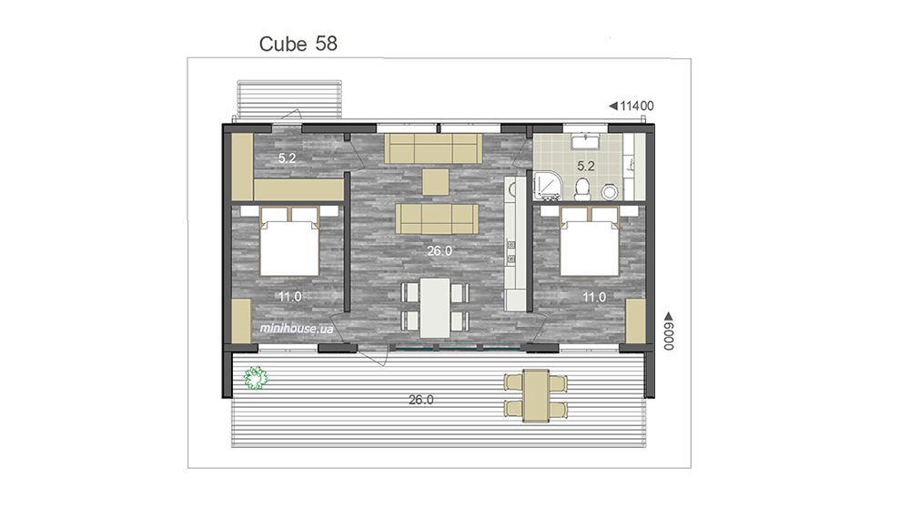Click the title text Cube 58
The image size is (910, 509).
[298, 44]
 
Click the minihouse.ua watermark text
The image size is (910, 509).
[297, 329]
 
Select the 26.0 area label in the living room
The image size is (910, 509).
[440, 250]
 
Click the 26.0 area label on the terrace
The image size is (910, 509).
[420, 400]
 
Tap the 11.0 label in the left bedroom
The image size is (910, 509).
[289, 297]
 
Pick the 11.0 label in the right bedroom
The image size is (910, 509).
[594, 297]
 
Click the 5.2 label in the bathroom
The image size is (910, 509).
[585, 166]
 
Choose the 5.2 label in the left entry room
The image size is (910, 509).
[287, 158]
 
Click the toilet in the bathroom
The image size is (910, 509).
[582, 188]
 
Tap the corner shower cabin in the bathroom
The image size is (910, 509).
[546, 185]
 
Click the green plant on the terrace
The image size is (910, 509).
[255, 378]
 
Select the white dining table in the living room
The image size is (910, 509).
[435, 308]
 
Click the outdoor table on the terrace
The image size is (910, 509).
[536, 396]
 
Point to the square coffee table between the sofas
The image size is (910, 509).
[435, 182]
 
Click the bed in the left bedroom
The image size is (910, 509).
[289, 241]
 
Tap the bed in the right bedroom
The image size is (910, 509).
[590, 241]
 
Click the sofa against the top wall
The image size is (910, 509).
[433, 148]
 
